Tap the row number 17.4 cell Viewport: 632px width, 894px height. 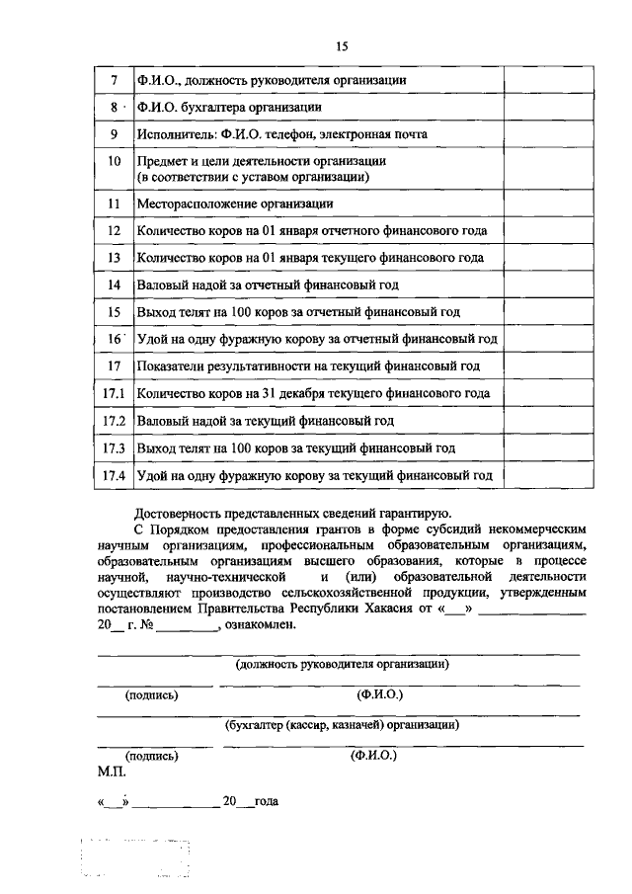tap(115, 475)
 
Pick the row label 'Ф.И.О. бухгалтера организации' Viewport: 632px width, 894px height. tap(229, 107)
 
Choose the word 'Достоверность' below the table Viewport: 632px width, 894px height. tap(179, 513)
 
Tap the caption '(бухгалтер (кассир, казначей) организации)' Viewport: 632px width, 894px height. tap(343, 724)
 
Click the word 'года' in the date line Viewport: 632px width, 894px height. tap(266, 801)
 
